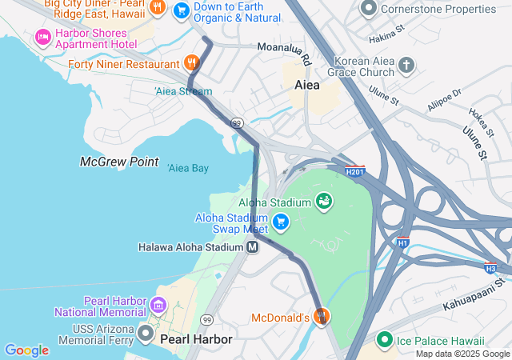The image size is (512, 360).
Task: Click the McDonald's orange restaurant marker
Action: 322,317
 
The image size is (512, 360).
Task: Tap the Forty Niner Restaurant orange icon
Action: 190,63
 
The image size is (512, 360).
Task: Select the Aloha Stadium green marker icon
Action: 324,200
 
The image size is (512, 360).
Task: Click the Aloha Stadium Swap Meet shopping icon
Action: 280,222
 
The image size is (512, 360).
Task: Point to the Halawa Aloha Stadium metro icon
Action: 253,247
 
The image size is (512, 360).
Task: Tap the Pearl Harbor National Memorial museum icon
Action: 158,305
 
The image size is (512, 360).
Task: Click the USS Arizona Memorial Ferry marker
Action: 146,332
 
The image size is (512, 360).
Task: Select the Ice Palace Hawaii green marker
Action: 385,340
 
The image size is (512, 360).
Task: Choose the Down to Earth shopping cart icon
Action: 182,10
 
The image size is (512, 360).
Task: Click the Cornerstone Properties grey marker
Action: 369,9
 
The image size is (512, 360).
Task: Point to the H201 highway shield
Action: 355,171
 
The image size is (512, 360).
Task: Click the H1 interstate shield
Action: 402,242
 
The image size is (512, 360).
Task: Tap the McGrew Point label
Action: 119,162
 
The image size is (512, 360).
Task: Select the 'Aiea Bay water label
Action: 188,168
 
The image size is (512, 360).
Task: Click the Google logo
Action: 26,350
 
